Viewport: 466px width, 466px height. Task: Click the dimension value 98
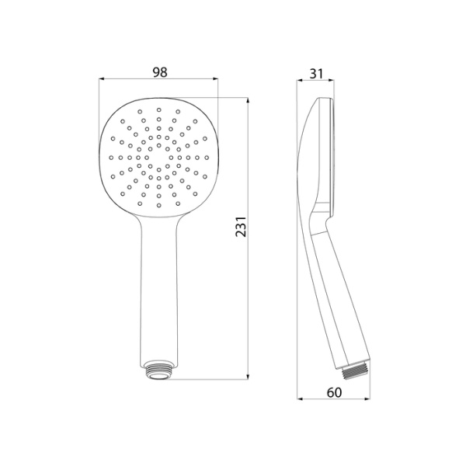tap(160, 72)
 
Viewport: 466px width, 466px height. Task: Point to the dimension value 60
tap(334, 393)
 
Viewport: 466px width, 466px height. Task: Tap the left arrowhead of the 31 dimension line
tap(302, 79)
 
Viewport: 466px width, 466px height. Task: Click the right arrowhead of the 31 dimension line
tap(333, 79)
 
